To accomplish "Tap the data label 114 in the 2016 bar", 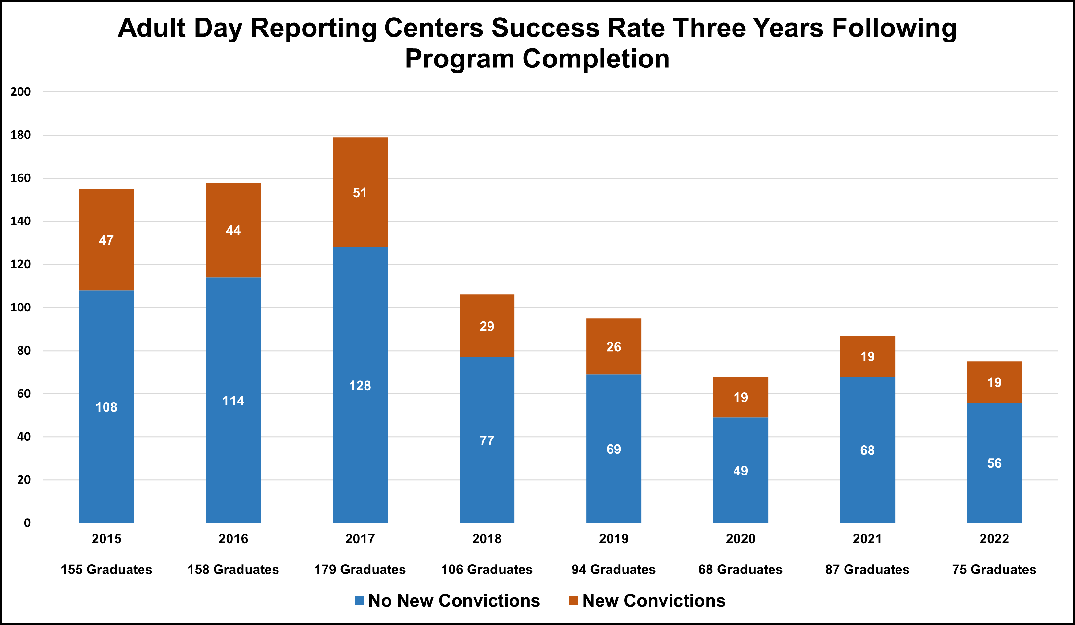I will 233,401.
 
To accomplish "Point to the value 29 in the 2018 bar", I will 487,326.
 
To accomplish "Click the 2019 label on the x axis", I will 613,538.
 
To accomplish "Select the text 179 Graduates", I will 360,569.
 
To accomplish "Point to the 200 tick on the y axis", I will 20,92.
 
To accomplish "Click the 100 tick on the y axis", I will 20,307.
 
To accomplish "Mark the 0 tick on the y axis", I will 27,523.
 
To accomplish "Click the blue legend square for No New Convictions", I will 360,601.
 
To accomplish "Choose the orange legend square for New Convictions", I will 574,601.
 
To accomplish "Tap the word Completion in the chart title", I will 596,59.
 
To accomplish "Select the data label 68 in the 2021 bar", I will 867,450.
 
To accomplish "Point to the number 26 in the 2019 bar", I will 613,347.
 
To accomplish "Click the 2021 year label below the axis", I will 867,538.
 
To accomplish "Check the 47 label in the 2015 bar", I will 106,240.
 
